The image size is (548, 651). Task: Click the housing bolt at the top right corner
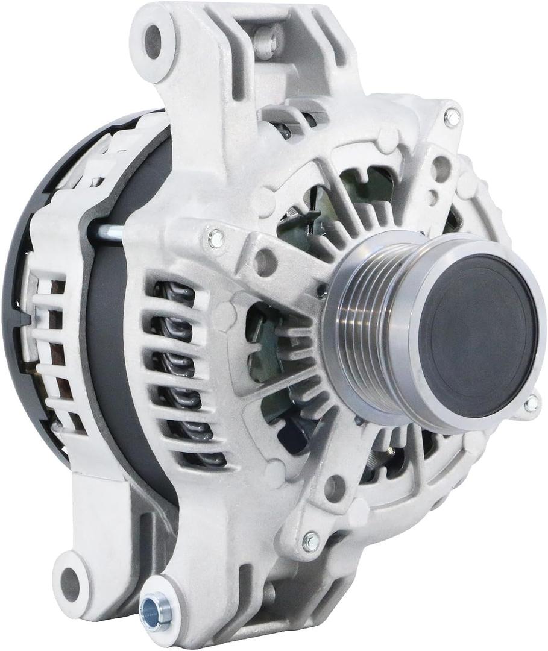452,118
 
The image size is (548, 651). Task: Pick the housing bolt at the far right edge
531,404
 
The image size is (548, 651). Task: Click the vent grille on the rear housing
51,350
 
